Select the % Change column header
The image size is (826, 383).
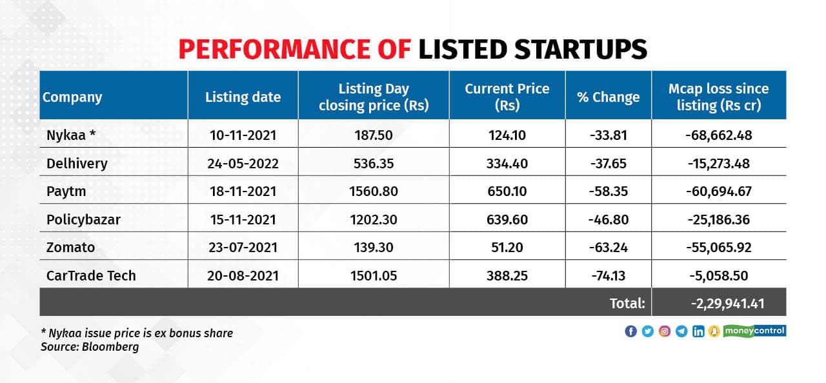coord(609,97)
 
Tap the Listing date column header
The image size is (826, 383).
coord(243,97)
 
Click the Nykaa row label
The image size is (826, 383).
coord(72,135)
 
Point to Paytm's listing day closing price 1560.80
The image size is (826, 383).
coord(374,191)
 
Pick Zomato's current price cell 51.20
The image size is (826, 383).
coord(507,248)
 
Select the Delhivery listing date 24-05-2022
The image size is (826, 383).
coord(243,164)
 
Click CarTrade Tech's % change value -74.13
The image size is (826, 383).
coord(609,276)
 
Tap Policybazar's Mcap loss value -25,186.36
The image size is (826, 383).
coord(719,220)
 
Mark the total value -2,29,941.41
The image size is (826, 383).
coord(719,302)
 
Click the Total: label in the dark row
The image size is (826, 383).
coord(627,302)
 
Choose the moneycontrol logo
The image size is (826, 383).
coord(754,331)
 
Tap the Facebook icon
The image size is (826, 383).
coord(630,331)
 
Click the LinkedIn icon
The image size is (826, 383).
coord(698,331)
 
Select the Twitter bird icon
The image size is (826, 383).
coord(647,331)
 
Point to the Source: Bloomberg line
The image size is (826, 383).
coord(90,347)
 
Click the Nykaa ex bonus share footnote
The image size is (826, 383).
coord(136,333)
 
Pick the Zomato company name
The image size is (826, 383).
coord(71,248)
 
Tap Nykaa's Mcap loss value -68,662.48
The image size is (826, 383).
coord(719,135)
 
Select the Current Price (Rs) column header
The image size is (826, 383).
coord(507,97)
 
